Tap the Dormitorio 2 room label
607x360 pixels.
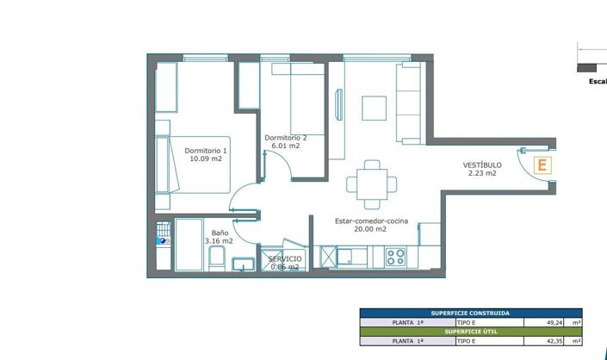pyautogui.click(x=285, y=138)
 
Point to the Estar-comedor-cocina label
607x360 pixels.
pyautogui.click(x=371, y=220)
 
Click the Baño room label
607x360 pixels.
pyautogui.click(x=220, y=233)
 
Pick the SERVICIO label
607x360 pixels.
pyautogui.click(x=284, y=258)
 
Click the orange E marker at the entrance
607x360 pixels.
pyautogui.click(x=542, y=165)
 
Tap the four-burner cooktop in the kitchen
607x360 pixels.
pyautogui.click(x=396, y=256)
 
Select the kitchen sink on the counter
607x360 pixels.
pyautogui.click(x=349, y=256)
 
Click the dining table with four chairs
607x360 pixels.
pyautogui.click(x=371, y=183)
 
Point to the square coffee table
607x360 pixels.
pyautogui.click(x=375, y=108)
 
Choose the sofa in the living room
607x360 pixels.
pyautogui.click(x=408, y=103)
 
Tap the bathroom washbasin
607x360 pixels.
pyautogui.click(x=244, y=263)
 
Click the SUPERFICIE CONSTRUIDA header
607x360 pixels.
pyautogui.click(x=470, y=313)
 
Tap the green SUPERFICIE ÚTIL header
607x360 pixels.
pyautogui.click(x=470, y=332)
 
